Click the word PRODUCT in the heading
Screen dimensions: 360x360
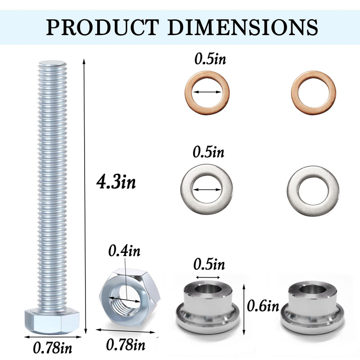(x=103, y=27)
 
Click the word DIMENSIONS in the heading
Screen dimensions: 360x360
(x=243, y=27)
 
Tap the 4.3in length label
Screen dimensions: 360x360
(x=116, y=182)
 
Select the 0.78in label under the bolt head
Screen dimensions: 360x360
(x=52, y=347)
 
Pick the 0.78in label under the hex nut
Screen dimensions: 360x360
(x=126, y=345)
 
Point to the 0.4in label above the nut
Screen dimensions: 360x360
(x=124, y=251)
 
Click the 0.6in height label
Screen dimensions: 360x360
(x=263, y=306)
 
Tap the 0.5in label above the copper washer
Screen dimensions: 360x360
(x=210, y=59)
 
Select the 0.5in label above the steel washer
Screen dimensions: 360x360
(x=208, y=152)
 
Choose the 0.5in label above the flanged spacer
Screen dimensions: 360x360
(x=209, y=264)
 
